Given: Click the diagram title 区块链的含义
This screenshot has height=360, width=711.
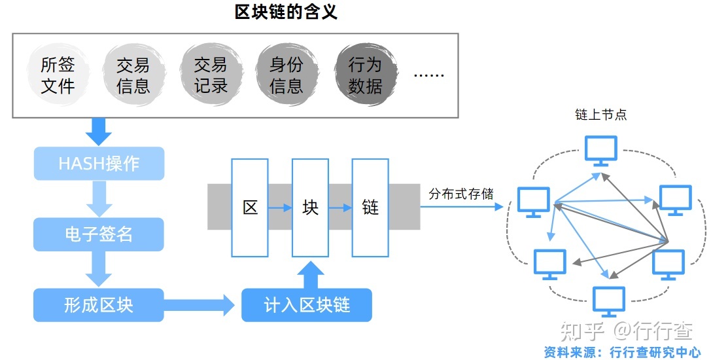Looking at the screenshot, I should pyautogui.click(x=286, y=12).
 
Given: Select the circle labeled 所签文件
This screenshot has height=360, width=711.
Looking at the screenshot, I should pyautogui.click(x=58, y=75).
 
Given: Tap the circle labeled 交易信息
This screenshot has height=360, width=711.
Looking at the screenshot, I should pyautogui.click(x=133, y=75).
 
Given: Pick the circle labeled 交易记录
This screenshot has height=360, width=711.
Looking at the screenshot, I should pyautogui.click(x=210, y=75).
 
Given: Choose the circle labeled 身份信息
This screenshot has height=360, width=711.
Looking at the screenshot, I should pyautogui.click(x=286, y=75).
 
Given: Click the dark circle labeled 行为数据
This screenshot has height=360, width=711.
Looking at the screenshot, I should pyautogui.click(x=364, y=75).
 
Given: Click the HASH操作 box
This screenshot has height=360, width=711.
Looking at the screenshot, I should pyautogui.click(x=99, y=164).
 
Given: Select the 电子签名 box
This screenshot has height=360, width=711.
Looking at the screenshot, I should pyautogui.click(x=99, y=234).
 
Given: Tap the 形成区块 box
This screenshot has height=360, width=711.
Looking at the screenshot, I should pyautogui.click(x=99, y=305).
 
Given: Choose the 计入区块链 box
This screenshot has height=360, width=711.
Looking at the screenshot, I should pyautogui.click(x=307, y=305).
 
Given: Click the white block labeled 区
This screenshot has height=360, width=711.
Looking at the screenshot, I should pyautogui.click(x=251, y=207).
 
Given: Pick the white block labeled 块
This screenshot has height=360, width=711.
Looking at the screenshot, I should pyautogui.click(x=310, y=207).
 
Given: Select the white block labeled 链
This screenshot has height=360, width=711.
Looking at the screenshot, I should pyautogui.click(x=370, y=207).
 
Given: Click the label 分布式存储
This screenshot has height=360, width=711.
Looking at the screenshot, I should pyautogui.click(x=461, y=194).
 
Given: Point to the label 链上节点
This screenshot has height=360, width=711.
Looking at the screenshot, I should pyautogui.click(x=600, y=115).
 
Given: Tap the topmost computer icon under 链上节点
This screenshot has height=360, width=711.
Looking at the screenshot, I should pyautogui.click(x=601, y=150).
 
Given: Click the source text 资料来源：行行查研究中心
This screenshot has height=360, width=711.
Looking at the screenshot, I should pyautogui.click(x=622, y=352).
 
